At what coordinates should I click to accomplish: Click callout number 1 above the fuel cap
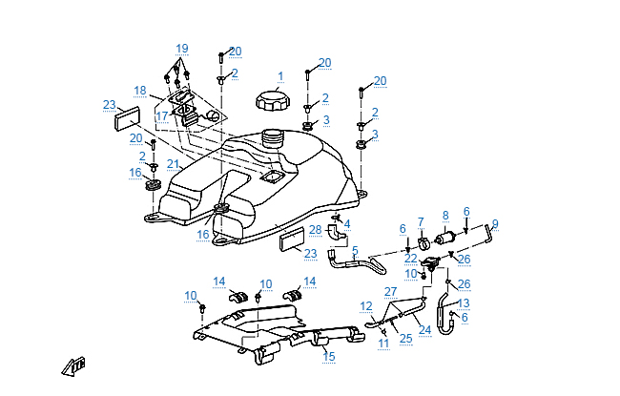coord(280,75)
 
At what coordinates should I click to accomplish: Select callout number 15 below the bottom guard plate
coord(329,356)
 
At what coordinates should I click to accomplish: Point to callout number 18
coord(140,91)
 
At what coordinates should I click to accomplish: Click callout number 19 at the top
coord(182,48)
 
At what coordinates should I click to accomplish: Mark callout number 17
coord(162,115)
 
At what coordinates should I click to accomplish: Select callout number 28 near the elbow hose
coord(315,230)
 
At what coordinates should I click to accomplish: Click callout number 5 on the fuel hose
coord(355,251)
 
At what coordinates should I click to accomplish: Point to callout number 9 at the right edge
coord(495,224)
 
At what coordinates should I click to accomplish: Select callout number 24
coord(425,330)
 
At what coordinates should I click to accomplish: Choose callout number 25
coord(405,338)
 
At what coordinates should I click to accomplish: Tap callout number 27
coord(389,291)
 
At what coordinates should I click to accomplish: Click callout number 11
coord(382,343)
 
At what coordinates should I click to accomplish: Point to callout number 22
coord(410,258)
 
